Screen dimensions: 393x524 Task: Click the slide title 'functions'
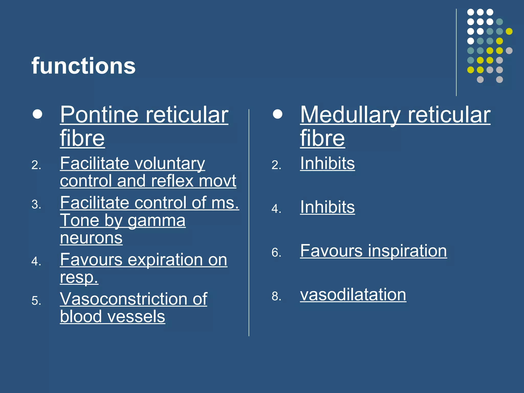coord(83,66)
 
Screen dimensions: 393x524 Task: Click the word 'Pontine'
coord(99,115)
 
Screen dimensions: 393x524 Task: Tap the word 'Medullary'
coord(350,115)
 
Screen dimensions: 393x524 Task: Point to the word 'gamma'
coord(156,221)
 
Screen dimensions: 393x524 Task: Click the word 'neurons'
coord(91,238)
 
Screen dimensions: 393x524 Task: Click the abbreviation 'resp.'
coord(79,277)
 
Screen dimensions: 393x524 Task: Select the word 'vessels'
coord(136,317)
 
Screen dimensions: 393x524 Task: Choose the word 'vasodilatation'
coord(353,295)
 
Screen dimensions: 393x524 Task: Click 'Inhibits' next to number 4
coord(327,207)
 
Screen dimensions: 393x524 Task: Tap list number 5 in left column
coord(36,301)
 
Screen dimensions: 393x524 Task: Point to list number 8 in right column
coord(276,296)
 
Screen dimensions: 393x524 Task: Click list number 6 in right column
coord(276,253)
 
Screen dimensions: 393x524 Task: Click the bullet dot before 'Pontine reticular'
coord(37,114)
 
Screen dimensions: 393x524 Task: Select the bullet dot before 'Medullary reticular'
coord(277,114)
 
